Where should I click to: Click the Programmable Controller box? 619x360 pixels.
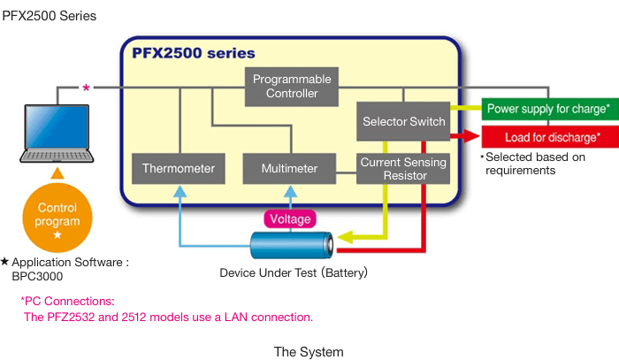click(x=292, y=87)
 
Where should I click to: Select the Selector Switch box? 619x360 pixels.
click(x=403, y=122)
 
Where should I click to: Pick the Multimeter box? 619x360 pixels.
click(x=290, y=167)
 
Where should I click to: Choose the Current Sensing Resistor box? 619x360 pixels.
click(x=403, y=169)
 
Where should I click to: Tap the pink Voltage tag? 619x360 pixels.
click(x=290, y=218)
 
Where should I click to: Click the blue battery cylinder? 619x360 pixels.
click(x=291, y=245)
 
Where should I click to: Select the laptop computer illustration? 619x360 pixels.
click(x=57, y=133)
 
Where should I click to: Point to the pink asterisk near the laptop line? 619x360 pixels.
click(x=86, y=88)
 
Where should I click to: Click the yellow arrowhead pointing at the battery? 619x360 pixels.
click(x=345, y=237)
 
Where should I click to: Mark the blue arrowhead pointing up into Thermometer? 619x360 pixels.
click(x=180, y=189)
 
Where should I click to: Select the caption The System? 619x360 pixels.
click(x=309, y=351)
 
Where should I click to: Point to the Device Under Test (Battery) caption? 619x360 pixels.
click(x=294, y=272)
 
